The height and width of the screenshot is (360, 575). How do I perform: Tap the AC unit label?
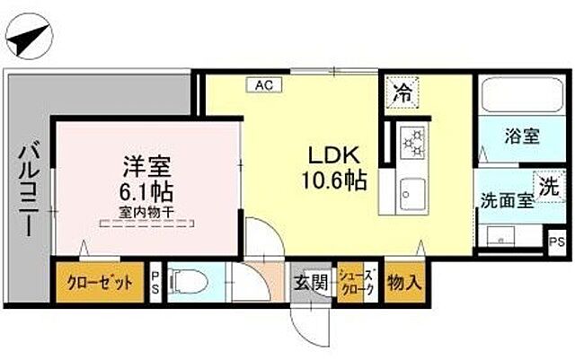tap(263, 84)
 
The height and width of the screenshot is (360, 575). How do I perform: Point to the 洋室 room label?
tap(147, 167)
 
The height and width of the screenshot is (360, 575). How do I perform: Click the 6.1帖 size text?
tap(147, 191)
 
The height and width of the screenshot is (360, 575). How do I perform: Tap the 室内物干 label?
tap(146, 213)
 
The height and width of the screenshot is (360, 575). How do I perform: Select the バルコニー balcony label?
tap(26, 188)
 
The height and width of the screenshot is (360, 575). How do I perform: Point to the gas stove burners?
tap(413, 141)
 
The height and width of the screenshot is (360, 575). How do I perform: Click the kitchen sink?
tap(413, 191)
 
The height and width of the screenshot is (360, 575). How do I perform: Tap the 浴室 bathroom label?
tap(521, 137)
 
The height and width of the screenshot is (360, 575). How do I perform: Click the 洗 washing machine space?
tap(547, 185)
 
